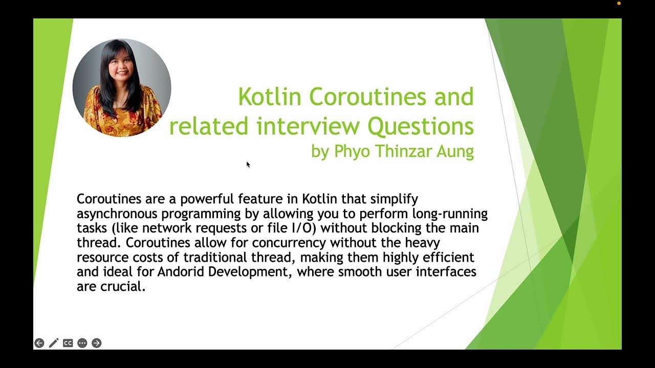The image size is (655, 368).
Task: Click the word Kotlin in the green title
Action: (x=270, y=97)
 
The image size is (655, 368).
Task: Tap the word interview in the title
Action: (x=311, y=126)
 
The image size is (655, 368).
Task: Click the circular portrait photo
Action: (x=122, y=88)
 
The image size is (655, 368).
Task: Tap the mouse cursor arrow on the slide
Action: (x=248, y=164)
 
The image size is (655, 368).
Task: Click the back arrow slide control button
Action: (x=39, y=343)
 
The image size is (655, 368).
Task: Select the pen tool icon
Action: (x=54, y=343)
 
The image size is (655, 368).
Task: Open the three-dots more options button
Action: (x=82, y=343)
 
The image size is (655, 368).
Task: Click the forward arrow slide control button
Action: (x=96, y=343)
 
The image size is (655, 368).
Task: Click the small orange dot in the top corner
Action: (x=619, y=4)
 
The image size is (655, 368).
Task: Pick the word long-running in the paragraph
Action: (x=453, y=213)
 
